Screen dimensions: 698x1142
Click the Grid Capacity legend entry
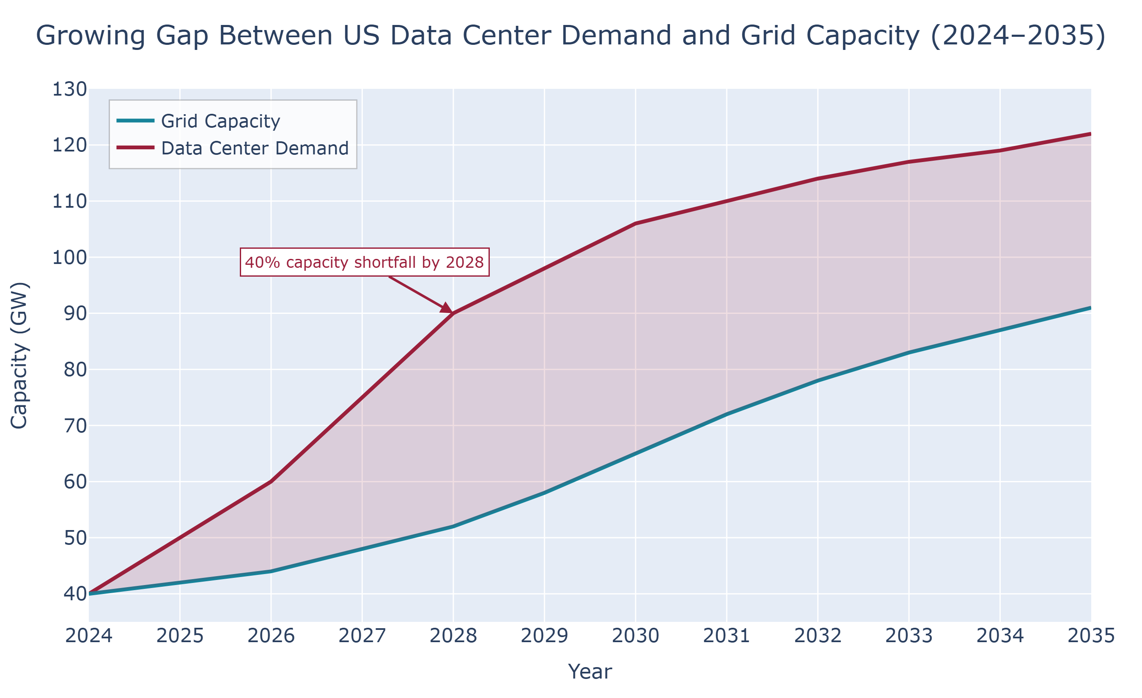click(220, 121)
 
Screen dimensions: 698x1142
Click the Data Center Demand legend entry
click(255, 149)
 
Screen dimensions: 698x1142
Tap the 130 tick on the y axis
click(69, 89)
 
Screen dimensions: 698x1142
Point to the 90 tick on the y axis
click(75, 314)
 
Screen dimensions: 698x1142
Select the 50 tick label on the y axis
click(75, 538)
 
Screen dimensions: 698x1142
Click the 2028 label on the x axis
click(453, 636)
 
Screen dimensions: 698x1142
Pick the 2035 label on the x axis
click(1090, 636)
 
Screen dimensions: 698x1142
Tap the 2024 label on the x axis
click(89, 636)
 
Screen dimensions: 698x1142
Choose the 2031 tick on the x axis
click(726, 636)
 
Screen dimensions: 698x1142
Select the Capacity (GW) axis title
click(19, 355)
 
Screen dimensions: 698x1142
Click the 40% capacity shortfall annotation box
click(364, 262)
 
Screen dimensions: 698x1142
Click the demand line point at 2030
click(635, 223)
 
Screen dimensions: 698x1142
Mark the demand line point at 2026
click(271, 481)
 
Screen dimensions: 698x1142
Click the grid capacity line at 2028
click(453, 527)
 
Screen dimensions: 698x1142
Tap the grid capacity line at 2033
click(909, 353)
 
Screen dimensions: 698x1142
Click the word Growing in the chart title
click(91, 36)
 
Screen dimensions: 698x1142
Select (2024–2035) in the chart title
click(1018, 36)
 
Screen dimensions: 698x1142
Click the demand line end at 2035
click(1090, 135)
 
